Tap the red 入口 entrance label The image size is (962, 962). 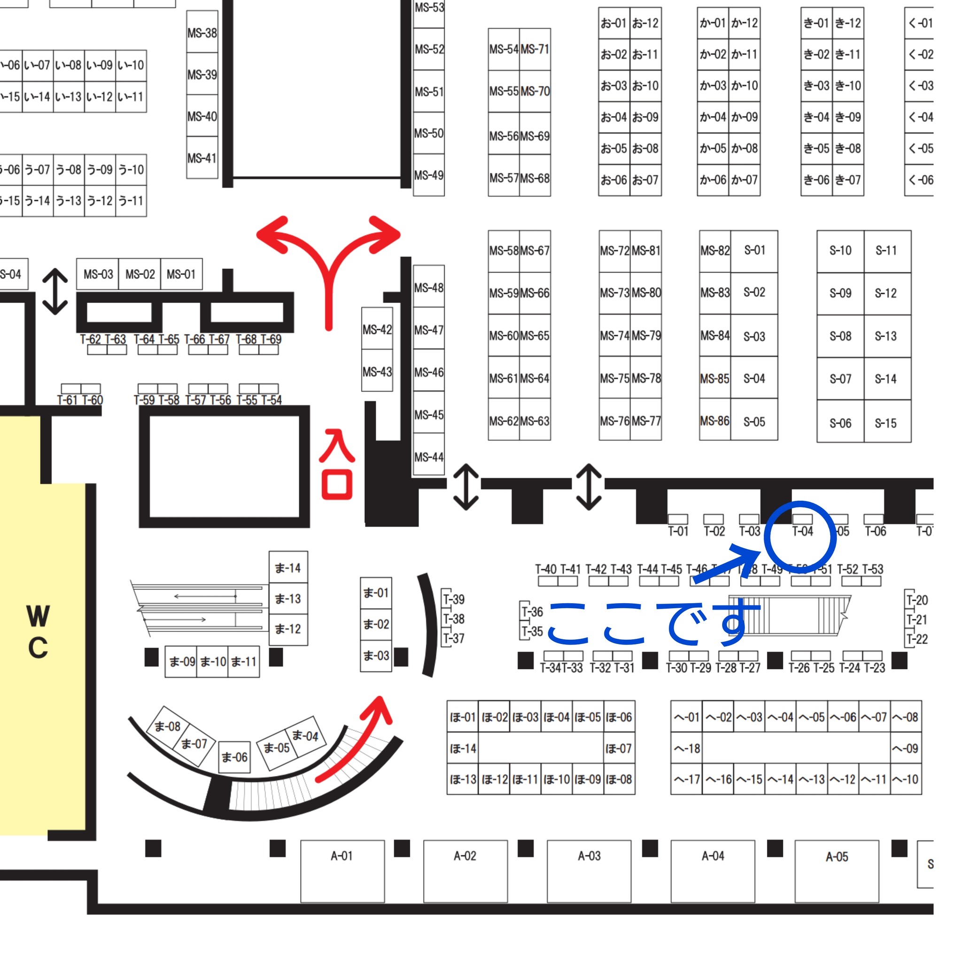(x=337, y=464)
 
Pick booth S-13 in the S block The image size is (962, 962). (x=886, y=337)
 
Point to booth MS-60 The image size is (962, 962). (x=504, y=335)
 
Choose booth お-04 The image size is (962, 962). (x=613, y=117)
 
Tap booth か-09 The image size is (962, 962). (x=745, y=117)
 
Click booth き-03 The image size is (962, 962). (x=816, y=85)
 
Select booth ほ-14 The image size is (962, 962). (x=463, y=748)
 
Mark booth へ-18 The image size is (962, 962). (x=687, y=748)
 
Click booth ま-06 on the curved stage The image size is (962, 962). (x=234, y=757)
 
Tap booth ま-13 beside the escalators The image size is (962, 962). (x=288, y=598)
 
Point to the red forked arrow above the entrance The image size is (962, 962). (x=328, y=264)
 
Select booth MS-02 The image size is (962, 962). (x=140, y=274)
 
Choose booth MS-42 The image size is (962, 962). (x=377, y=330)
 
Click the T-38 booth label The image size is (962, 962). (x=454, y=619)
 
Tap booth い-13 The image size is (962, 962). (x=69, y=97)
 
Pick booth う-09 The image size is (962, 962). (x=100, y=170)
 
